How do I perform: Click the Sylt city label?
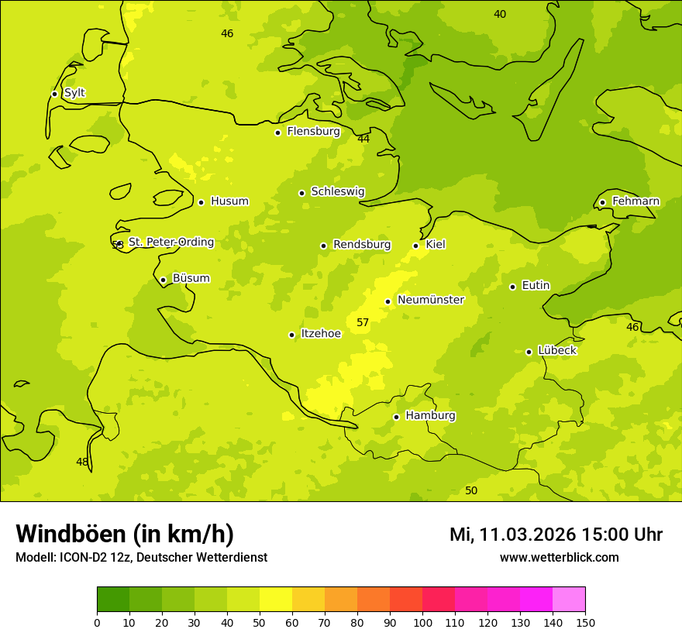tap(74, 93)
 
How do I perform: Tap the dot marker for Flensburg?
tap(277, 132)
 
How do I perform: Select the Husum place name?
tap(229, 201)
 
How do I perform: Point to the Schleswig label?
tap(337, 191)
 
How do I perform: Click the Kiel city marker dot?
tap(415, 246)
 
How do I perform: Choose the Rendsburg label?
tap(362, 245)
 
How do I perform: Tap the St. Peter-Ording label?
tap(171, 242)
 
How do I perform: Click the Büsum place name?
tap(191, 278)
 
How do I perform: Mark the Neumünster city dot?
tap(387, 301)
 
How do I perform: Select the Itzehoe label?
tap(321, 334)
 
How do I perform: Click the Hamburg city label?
tap(430, 415)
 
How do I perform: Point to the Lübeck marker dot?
tap(529, 352)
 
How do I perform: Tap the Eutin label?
tap(536, 286)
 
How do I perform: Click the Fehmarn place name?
tap(635, 201)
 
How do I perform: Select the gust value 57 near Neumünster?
tap(363, 322)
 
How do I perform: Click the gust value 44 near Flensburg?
tap(363, 139)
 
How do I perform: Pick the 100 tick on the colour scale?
tap(422, 622)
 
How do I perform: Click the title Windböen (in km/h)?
tap(125, 534)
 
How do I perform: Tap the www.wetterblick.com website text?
tap(559, 557)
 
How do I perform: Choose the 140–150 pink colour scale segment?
tap(569, 600)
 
